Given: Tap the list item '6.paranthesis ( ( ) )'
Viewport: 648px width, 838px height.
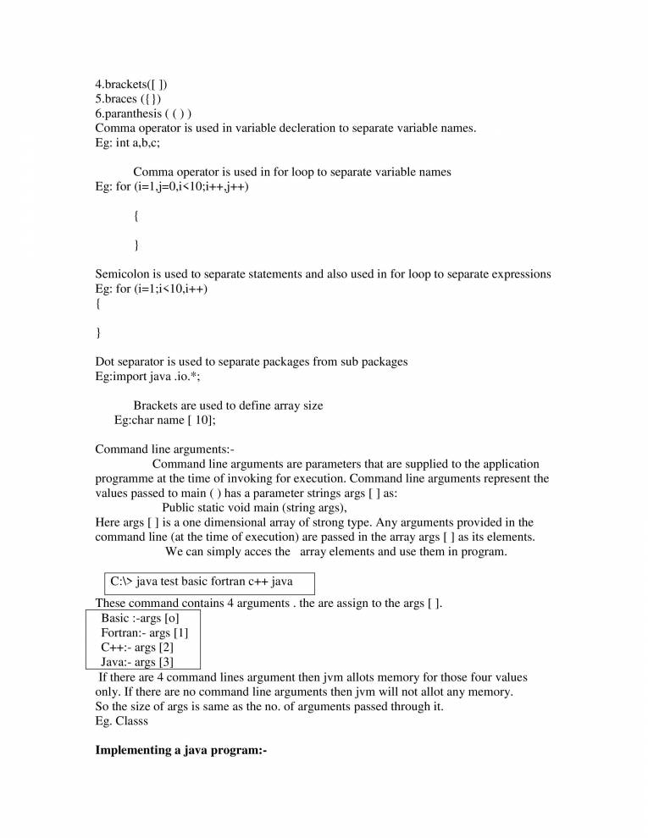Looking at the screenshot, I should point(143,113).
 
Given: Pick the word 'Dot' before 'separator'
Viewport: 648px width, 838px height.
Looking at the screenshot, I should point(105,361).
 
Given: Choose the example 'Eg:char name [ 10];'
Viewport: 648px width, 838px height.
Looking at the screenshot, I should point(164,420).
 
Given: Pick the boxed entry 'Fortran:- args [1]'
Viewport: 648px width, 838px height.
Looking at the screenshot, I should point(145,632).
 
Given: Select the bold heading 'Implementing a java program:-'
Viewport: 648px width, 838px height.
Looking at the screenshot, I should point(181,751).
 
